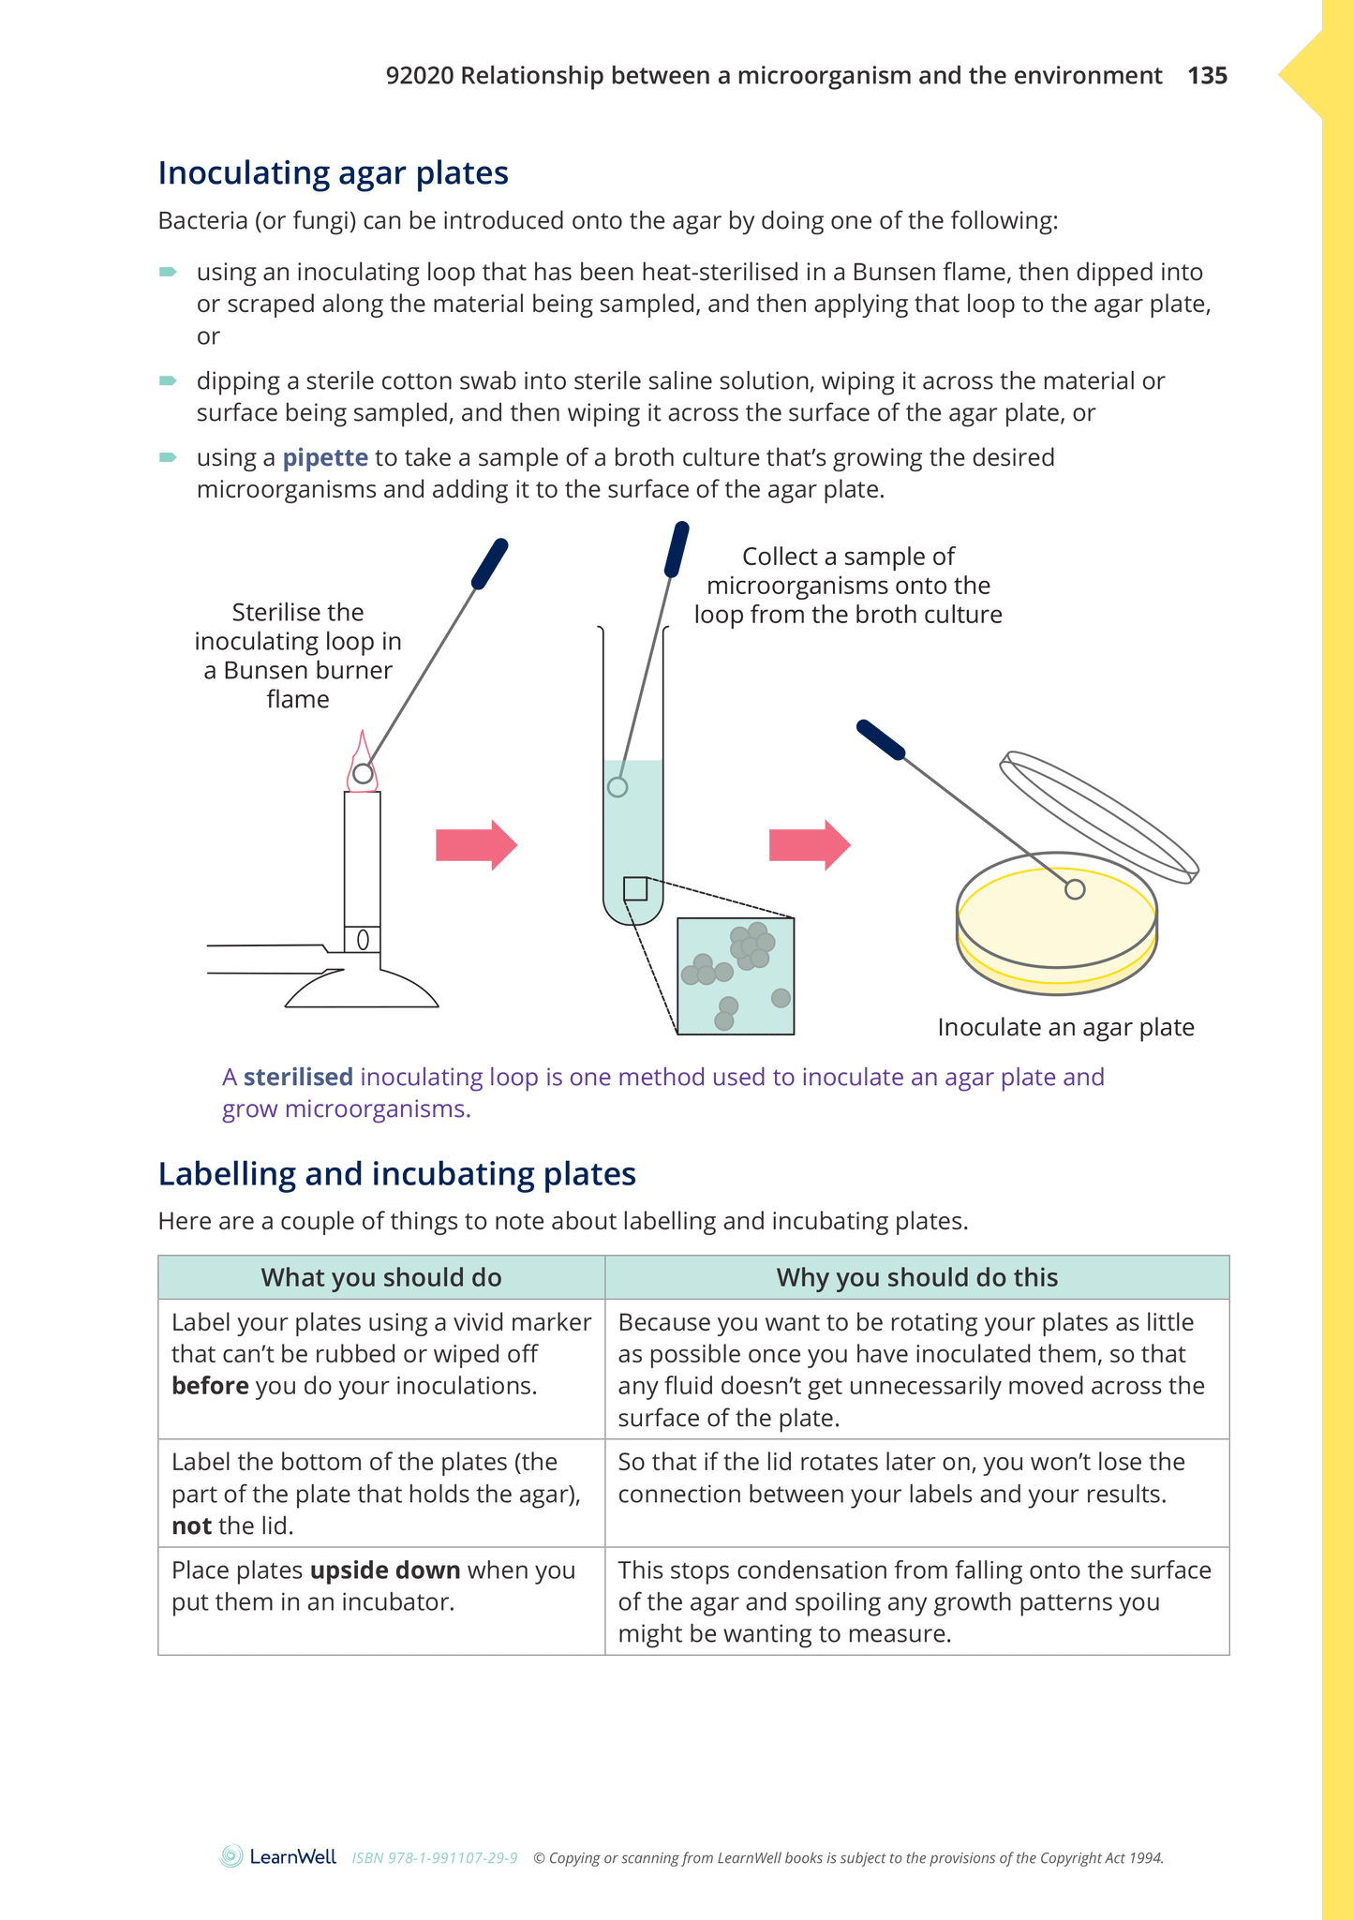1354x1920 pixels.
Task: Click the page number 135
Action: (1207, 76)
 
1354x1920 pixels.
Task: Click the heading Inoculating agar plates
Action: (333, 173)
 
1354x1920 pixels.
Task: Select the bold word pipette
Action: (325, 457)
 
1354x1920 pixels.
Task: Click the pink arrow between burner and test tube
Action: (476, 845)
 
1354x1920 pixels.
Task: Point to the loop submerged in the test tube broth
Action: (617, 787)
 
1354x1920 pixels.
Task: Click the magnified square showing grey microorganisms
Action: (736, 975)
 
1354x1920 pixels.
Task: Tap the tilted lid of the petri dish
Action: (1098, 816)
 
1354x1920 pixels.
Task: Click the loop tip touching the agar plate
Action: (1075, 889)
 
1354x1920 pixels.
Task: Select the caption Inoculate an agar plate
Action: (1065, 1028)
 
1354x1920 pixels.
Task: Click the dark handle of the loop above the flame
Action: (489, 563)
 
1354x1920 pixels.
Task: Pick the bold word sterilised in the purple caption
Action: (298, 1078)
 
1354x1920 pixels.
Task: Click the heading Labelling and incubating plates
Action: (396, 1174)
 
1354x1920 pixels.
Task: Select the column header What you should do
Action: (380, 1278)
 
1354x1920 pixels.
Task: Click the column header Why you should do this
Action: (916, 1278)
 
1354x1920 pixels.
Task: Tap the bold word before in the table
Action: (210, 1386)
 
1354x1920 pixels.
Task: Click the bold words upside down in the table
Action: (385, 1570)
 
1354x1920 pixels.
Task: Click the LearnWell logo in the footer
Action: (278, 1856)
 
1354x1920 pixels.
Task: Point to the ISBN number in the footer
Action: (435, 1858)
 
